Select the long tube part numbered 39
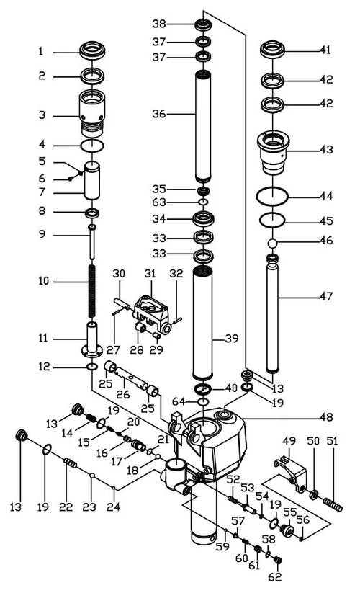coord(204,321)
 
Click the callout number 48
coord(325,417)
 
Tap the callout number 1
coord(41,51)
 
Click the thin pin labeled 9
coord(92,245)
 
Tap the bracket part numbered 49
coord(289,473)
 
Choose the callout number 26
coord(122,396)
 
